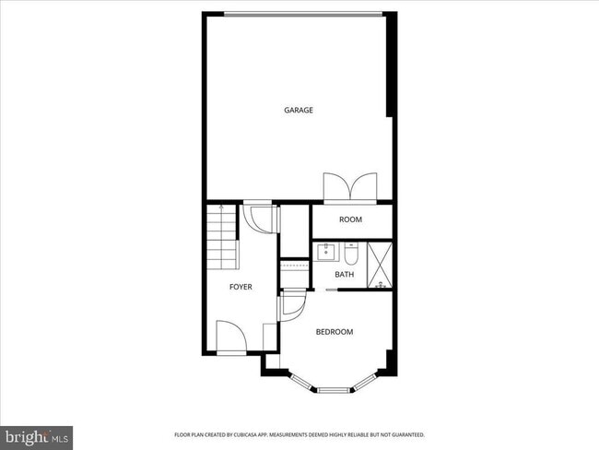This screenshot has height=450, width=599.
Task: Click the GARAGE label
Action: point(298,111)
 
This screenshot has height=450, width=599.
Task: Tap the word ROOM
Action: point(350,219)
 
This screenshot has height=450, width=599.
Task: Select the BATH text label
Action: point(344,274)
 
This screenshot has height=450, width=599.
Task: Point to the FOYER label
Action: point(241,287)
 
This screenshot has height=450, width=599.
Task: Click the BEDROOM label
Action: point(335,331)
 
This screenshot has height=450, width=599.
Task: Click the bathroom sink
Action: point(326,252)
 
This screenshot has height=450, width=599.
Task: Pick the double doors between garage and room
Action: point(349,187)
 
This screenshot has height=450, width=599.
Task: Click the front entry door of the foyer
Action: point(229,337)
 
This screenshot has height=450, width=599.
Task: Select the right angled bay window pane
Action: point(370,380)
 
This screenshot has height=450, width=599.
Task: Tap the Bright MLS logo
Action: point(37,433)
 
